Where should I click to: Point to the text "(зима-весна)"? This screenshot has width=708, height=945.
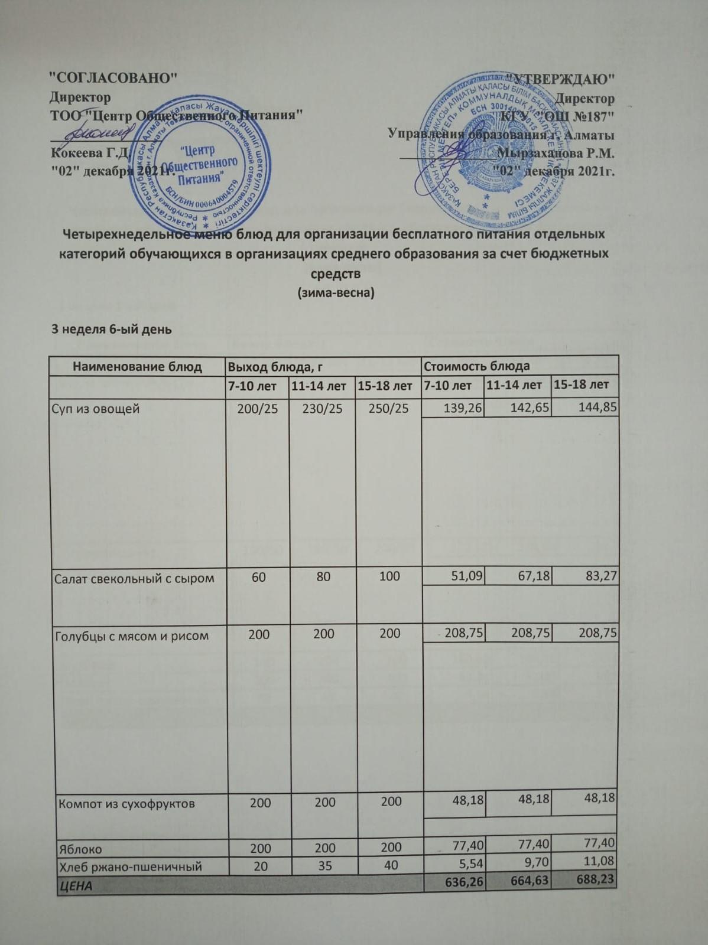point(335,292)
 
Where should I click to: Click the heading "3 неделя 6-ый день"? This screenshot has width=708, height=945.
point(112,329)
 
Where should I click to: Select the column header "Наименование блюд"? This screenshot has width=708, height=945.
point(137,366)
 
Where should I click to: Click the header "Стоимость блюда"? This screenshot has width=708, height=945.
point(476,366)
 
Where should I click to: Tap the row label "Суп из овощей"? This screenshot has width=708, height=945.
point(96,408)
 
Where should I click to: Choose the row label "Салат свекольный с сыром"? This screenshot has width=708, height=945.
point(134,578)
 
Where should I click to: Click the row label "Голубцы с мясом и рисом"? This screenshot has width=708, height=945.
point(132,636)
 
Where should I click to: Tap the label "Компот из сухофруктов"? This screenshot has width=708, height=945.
point(126,804)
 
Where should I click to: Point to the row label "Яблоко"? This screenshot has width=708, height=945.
point(80,849)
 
